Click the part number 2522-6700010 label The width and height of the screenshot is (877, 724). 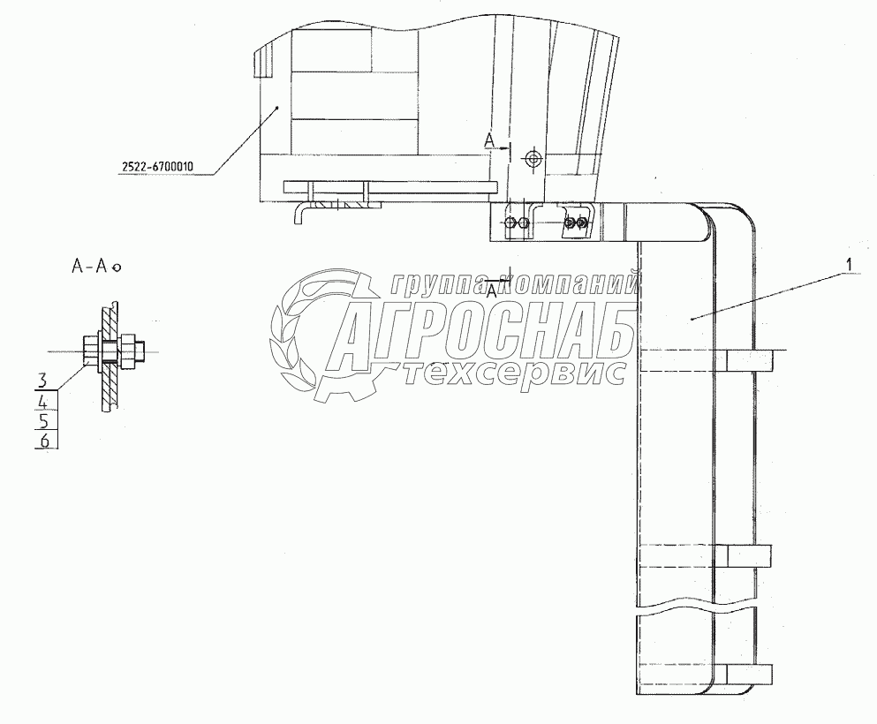pos(157,166)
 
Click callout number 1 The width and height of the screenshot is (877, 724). pos(849,264)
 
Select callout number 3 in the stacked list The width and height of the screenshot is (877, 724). pos(42,381)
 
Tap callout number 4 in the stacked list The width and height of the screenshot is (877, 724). pos(43,401)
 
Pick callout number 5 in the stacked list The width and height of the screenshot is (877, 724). pos(43,420)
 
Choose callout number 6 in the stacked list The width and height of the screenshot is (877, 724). pos(44,441)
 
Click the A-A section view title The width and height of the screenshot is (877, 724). pos(95,266)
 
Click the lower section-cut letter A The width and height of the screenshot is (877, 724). pos(492,290)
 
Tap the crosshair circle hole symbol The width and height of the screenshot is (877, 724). pos(533,159)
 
